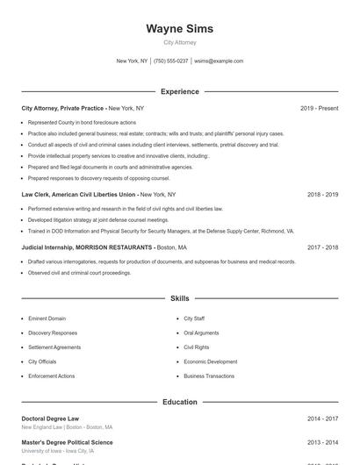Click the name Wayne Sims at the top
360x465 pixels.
click(x=179, y=29)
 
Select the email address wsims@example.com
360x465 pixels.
click(x=219, y=61)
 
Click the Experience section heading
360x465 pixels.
click(x=179, y=91)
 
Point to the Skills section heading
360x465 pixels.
click(x=179, y=298)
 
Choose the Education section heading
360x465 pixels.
click(x=179, y=402)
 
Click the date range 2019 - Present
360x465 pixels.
click(x=319, y=108)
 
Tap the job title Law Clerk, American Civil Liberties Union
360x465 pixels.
click(x=79, y=194)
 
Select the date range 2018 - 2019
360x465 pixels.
click(x=322, y=194)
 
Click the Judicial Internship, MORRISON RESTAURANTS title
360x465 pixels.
click(x=86, y=247)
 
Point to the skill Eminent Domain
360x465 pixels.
click(x=47, y=318)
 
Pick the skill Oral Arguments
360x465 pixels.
click(x=201, y=333)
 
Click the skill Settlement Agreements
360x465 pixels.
click(x=54, y=347)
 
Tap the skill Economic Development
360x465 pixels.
click(x=210, y=361)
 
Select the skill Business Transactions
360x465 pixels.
click(x=209, y=376)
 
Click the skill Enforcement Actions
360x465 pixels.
click(x=51, y=376)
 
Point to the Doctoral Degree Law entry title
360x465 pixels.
click(x=50, y=418)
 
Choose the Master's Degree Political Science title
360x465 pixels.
click(x=67, y=442)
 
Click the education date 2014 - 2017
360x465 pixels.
click(x=322, y=418)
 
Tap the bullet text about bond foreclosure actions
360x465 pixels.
click(x=82, y=122)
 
